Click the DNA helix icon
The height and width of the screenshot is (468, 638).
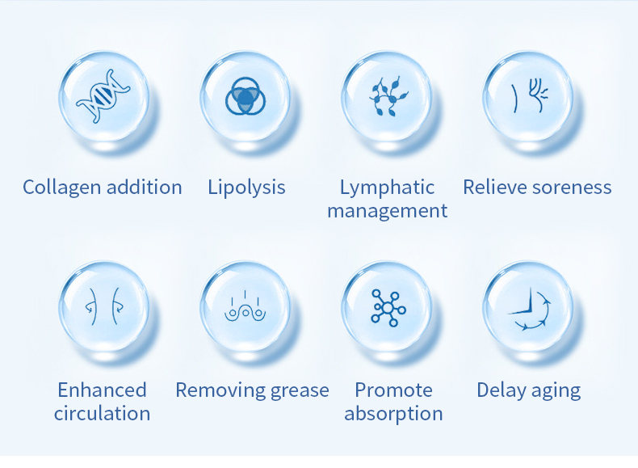pos(103,96)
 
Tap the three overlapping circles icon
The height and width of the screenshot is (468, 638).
pos(246,96)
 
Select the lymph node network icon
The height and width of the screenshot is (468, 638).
pos(388,97)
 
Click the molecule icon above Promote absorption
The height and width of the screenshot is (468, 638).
pos(388,308)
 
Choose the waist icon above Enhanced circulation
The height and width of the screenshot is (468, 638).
pos(103,306)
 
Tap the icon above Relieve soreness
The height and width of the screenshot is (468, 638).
pos(530,95)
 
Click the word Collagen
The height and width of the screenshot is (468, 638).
pos(62,188)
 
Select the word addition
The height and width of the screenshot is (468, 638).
pos(144,188)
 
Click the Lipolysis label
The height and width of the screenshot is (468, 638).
pos(246,188)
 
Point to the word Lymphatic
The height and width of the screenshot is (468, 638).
pos(387,188)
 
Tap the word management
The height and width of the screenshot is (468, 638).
pos(388,212)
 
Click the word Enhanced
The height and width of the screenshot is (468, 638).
pos(102,390)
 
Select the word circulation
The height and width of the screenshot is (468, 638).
pos(102,413)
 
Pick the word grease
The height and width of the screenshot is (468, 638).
pos(300,390)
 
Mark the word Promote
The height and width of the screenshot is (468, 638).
pos(393,390)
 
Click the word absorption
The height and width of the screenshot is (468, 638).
pos(393,414)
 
